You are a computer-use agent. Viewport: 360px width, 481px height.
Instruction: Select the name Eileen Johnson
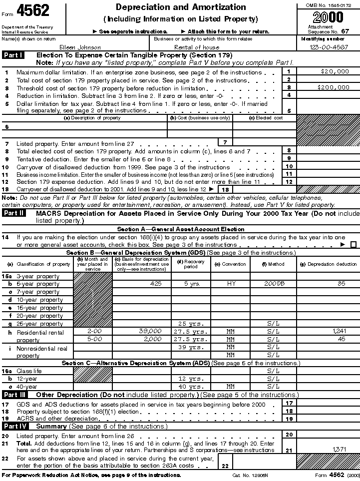[x=80, y=47]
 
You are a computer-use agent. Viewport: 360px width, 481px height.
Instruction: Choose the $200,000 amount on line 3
[x=334, y=87]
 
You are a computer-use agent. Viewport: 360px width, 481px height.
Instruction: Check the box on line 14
[x=354, y=245]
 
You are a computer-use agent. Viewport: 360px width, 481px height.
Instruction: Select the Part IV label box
[x=14, y=426]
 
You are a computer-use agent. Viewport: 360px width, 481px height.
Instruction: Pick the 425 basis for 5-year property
[x=156, y=284]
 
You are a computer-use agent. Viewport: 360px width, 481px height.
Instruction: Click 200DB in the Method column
[x=274, y=284]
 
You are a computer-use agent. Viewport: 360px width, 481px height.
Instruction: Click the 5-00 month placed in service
[x=93, y=339]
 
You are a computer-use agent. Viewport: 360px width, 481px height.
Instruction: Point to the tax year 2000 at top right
[x=328, y=17]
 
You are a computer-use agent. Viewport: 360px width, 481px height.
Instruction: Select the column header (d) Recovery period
[x=191, y=264]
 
